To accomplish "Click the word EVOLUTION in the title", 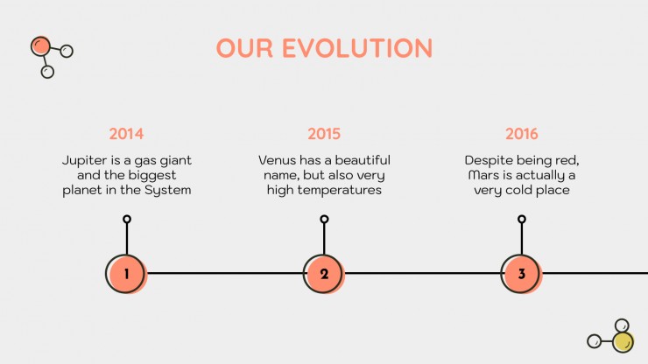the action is click(x=357, y=48).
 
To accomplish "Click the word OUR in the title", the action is click(x=244, y=48).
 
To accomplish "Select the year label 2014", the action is click(x=126, y=134).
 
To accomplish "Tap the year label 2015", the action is click(x=324, y=134).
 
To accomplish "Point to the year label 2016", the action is click(x=522, y=134).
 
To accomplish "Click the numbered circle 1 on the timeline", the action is click(x=126, y=274).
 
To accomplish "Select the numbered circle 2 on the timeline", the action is click(x=324, y=274).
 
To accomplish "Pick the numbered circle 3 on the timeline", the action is click(x=521, y=274).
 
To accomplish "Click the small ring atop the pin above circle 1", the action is click(x=127, y=219).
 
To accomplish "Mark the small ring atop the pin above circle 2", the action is click(x=324, y=219).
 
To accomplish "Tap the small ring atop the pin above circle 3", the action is click(x=522, y=219).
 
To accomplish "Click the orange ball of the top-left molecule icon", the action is click(x=40, y=46).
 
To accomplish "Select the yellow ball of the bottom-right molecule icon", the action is click(x=623, y=342).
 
